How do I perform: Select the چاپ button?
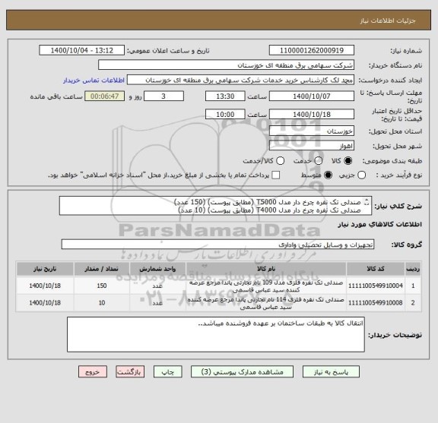pyautogui.click(x=170, y=373)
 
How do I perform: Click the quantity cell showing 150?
pyautogui.click(x=102, y=286)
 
